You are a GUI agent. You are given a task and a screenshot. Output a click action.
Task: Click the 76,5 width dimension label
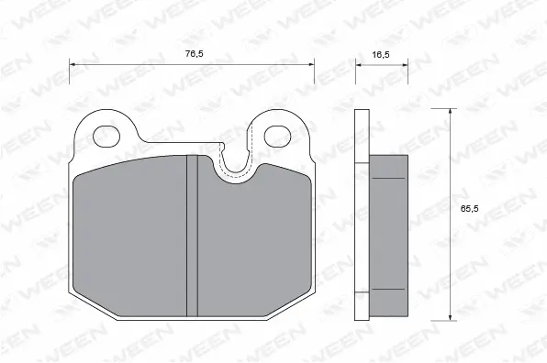coord(193,54)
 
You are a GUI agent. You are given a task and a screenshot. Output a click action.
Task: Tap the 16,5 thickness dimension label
coord(382,54)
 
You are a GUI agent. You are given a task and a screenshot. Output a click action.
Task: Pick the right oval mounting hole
coord(276,136)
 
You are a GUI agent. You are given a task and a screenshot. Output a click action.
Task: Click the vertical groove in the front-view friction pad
coord(192,234)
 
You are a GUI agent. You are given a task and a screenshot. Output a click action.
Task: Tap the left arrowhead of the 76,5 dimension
coord(74,64)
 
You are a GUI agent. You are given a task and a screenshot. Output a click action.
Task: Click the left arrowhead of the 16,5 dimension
coord(359,64)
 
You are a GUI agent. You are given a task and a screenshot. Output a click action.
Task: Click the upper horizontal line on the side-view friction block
coord(389,177)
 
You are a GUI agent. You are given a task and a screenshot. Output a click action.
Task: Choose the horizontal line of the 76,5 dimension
coord(138,64)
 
